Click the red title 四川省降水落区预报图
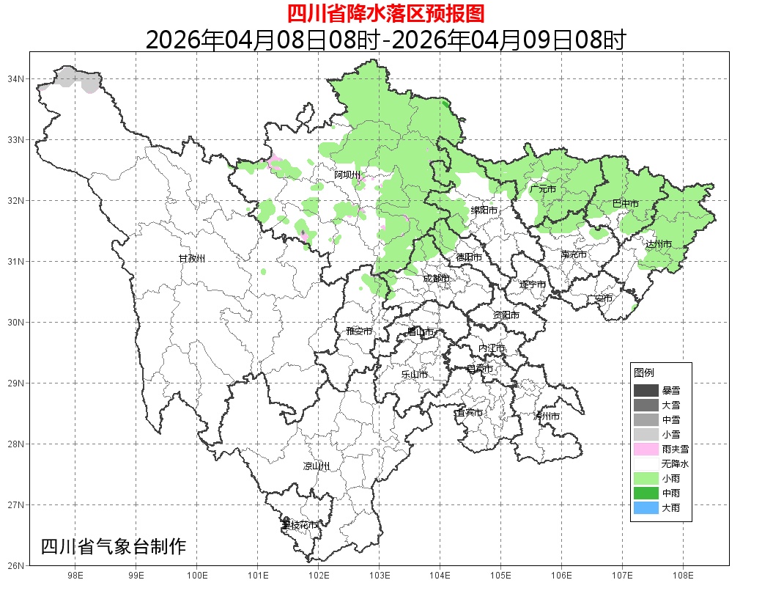385,13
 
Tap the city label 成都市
436,279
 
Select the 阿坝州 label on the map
347,175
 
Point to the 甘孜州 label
192,259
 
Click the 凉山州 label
317,466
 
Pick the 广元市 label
542,189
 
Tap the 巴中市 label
625,204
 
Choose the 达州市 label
659,243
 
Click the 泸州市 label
547,416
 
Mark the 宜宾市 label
469,413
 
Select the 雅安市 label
359,331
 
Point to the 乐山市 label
414,375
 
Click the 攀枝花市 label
300,525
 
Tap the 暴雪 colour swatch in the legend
646,390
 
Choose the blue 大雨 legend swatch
646,507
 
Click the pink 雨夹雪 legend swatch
646,449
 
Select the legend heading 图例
644,373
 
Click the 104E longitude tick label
440,576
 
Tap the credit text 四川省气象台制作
114,546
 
